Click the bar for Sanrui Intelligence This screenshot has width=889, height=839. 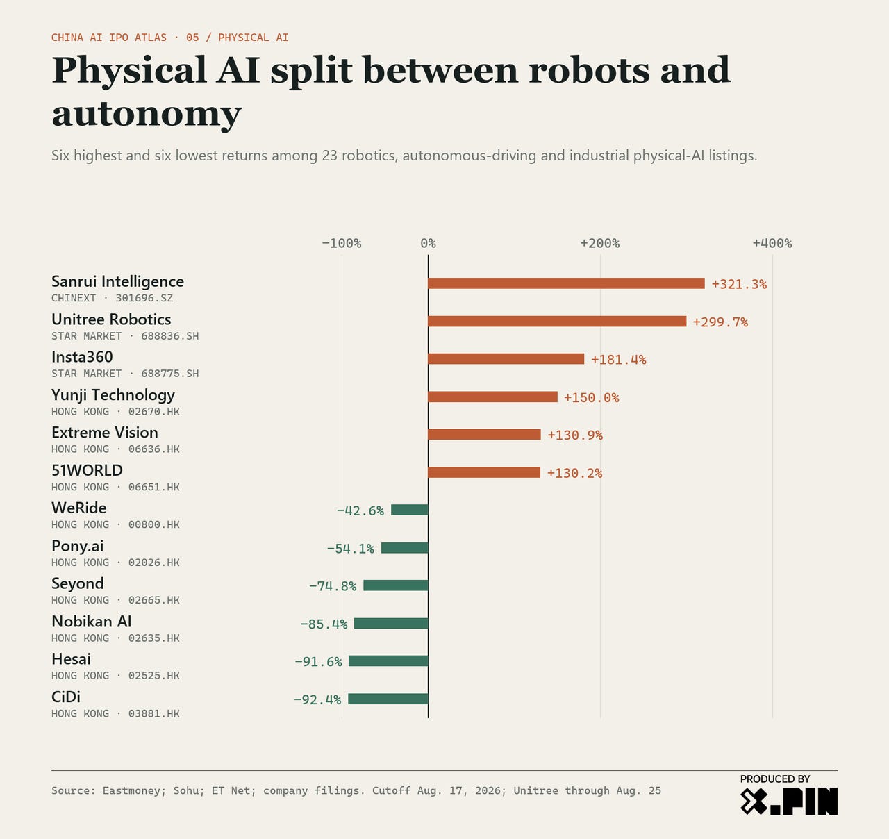coord(566,283)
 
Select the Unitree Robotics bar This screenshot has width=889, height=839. coord(557,321)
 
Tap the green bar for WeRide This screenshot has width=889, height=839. coord(410,510)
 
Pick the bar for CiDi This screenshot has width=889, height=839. coord(388,699)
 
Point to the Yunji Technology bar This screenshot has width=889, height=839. coord(493,397)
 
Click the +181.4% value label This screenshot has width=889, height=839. coord(619,360)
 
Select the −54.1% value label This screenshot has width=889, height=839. coord(351,549)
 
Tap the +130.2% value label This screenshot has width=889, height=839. coord(575,473)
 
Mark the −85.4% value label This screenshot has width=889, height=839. coord(324,624)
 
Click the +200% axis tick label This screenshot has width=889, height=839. coord(600,244)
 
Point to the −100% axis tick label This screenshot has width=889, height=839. coord(342,244)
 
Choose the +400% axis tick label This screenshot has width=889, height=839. coord(772,244)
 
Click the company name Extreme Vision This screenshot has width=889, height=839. coord(105,433)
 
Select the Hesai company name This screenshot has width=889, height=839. coord(71,659)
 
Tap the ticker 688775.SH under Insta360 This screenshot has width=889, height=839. coord(170,374)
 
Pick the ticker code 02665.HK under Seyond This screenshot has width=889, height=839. coord(154,600)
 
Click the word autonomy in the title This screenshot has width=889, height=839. coord(147,115)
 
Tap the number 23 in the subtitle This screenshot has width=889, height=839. coord(330,156)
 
